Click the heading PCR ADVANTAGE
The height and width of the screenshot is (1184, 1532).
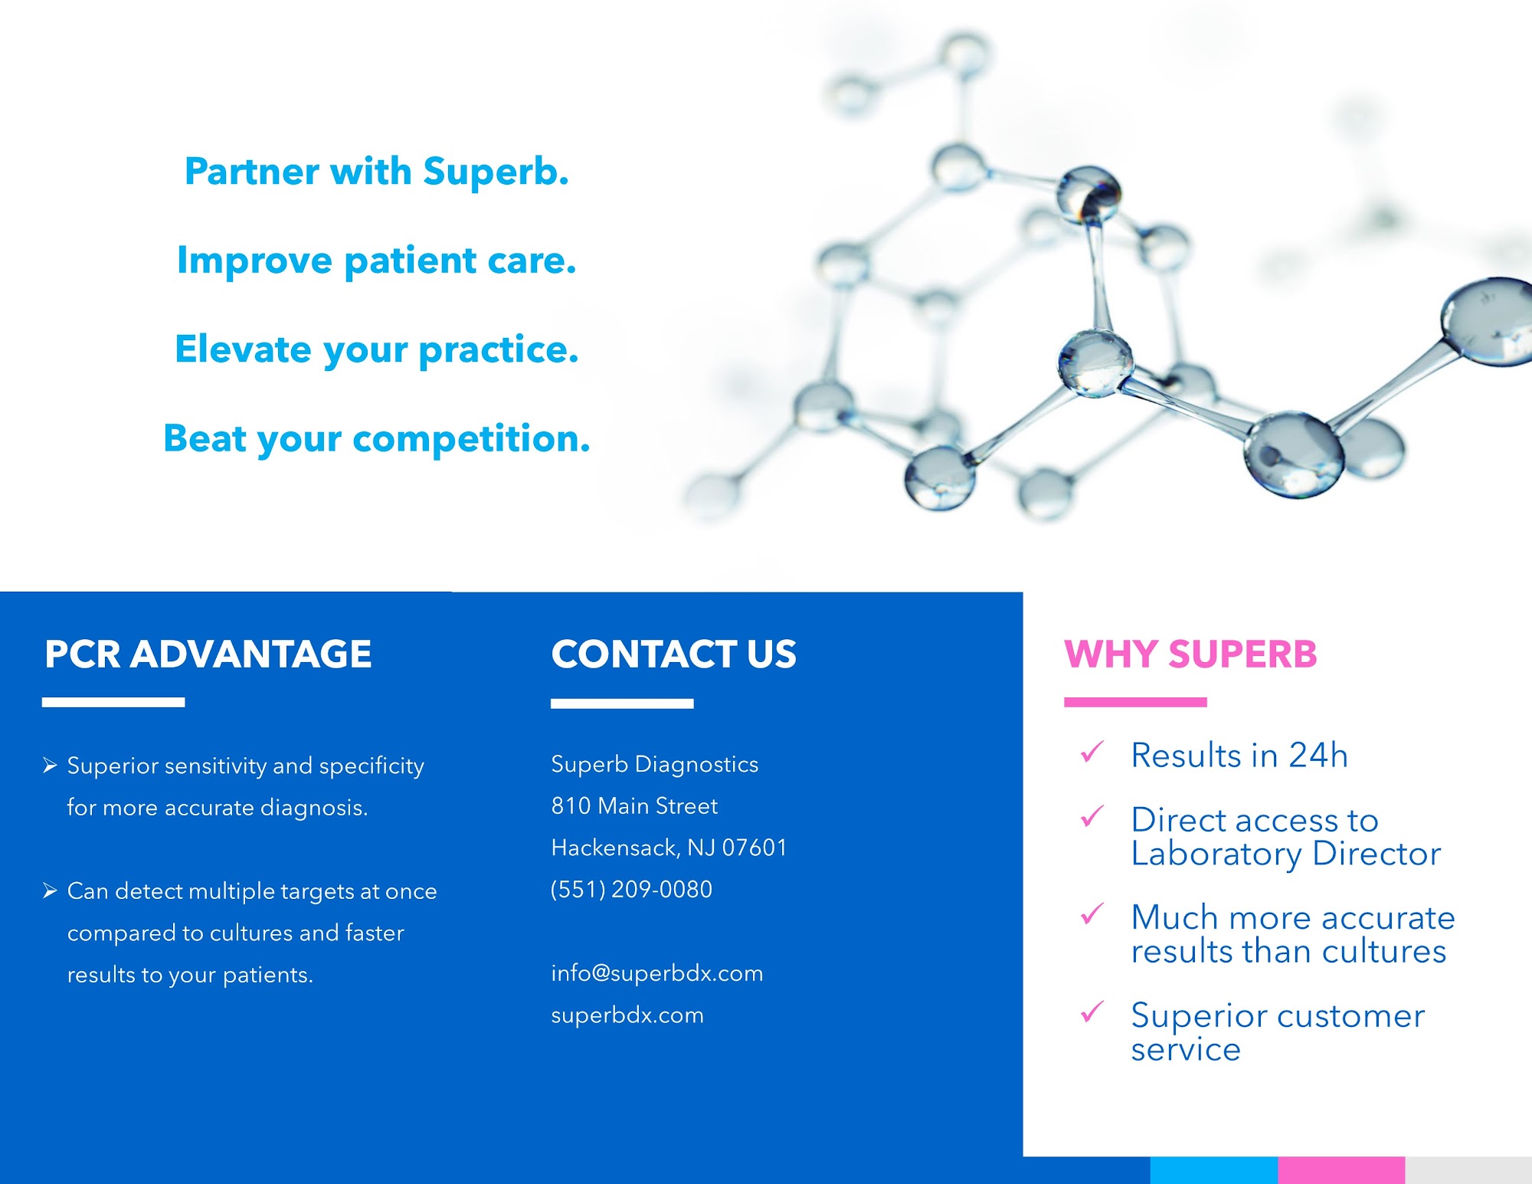tap(208, 654)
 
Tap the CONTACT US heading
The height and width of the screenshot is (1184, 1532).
tap(674, 654)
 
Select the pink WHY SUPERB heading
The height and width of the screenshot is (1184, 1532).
tap(1191, 654)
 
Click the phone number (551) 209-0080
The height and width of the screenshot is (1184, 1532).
tap(632, 889)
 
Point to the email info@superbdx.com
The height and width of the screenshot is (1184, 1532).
tap(657, 973)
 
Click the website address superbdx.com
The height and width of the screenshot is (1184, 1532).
tap(627, 1015)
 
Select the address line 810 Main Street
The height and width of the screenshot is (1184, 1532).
tap(635, 806)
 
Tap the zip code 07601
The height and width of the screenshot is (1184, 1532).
tap(755, 848)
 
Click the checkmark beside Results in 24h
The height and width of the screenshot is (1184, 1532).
tap(1092, 753)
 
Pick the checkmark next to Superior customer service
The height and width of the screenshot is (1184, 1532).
tap(1092, 1012)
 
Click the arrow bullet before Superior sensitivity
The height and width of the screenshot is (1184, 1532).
tap(51, 766)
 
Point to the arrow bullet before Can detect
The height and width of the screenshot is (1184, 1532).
tap(51, 890)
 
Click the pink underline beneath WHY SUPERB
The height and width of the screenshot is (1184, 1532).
tap(1135, 702)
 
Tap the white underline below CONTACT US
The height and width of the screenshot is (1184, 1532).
tap(622, 704)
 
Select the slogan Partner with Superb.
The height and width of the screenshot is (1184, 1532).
tap(377, 171)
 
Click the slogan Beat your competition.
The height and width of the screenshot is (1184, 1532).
tap(377, 439)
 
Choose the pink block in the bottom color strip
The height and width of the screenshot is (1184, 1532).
tap(1341, 1170)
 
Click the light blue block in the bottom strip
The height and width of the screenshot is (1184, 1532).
tap(1214, 1170)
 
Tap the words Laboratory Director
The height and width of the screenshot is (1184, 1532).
tap(1286, 854)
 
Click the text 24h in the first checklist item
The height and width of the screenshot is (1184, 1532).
tap(1318, 756)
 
